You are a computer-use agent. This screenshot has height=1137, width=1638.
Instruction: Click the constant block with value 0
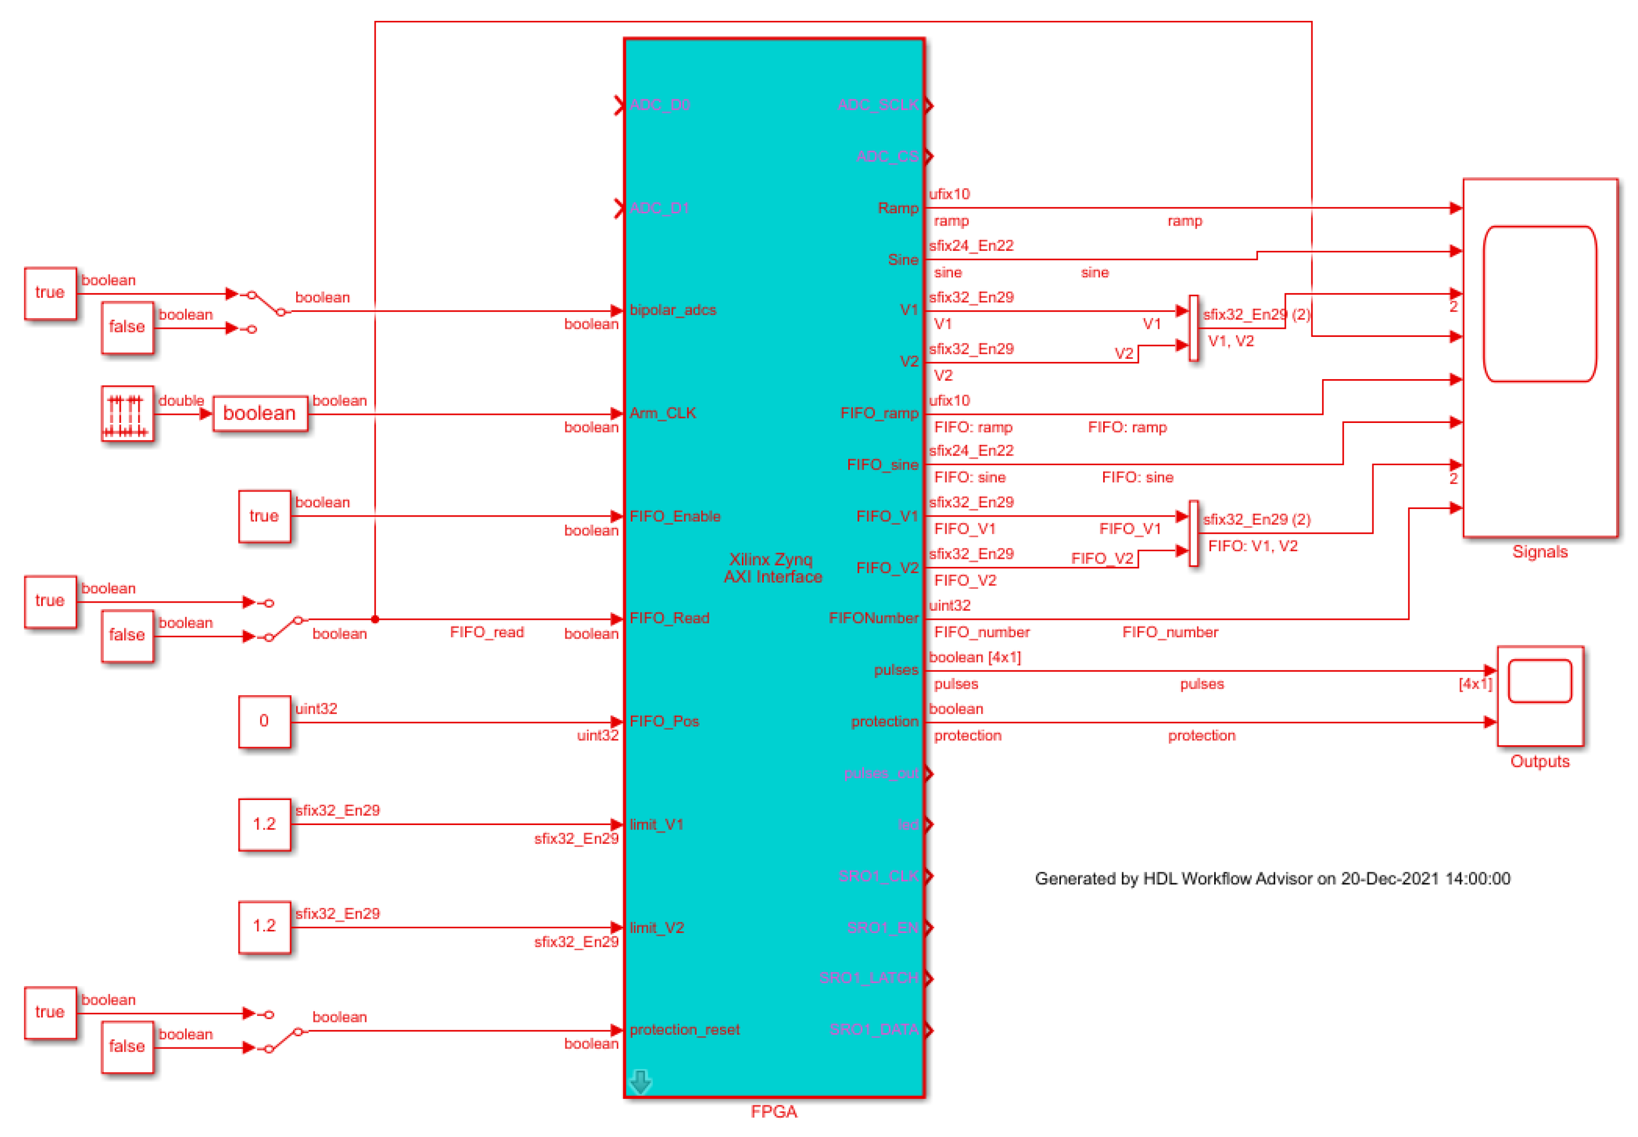264,721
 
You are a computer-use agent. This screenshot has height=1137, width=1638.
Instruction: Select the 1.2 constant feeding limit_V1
264,825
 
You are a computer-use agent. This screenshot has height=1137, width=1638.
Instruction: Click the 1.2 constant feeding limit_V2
264,926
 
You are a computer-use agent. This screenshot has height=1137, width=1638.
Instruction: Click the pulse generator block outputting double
128,413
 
